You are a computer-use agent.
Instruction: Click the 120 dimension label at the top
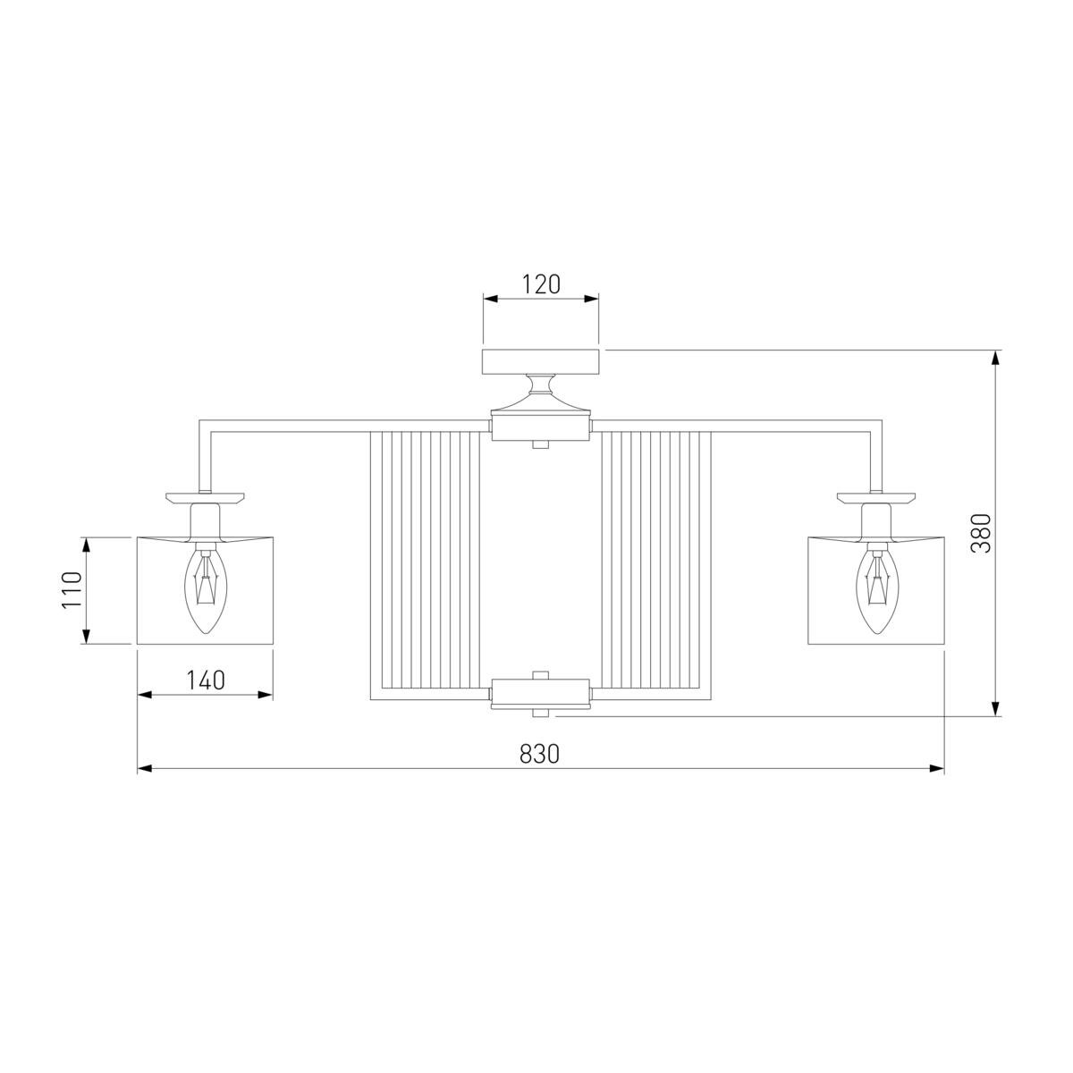coord(540,284)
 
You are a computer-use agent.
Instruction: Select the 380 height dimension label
coord(981,533)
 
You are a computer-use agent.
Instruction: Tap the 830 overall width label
coord(539,754)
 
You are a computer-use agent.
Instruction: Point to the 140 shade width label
coord(206,680)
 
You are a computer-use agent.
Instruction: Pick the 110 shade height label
coord(72,590)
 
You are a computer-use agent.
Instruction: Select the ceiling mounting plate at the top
coord(540,361)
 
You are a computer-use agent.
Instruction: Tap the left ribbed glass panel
coord(425,565)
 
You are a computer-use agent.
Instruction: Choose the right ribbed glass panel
coord(656,565)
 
